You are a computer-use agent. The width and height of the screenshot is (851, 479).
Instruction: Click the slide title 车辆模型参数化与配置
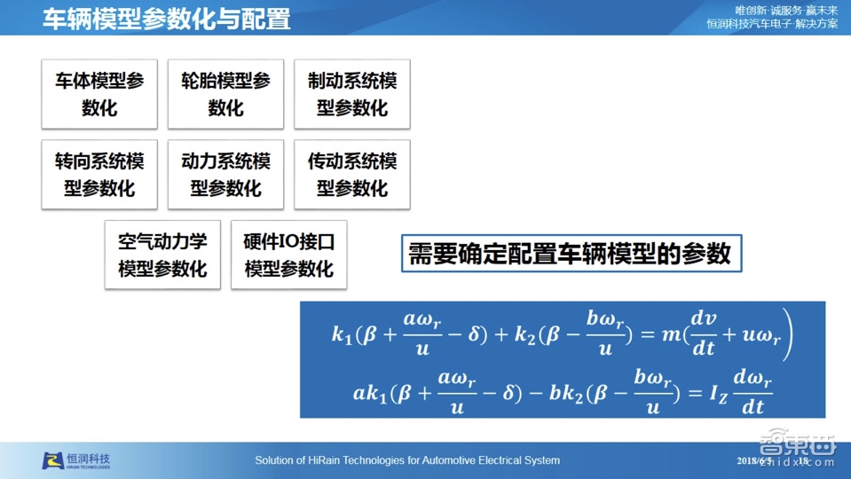coord(167,19)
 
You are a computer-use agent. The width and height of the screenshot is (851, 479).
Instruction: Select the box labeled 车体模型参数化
coord(99,94)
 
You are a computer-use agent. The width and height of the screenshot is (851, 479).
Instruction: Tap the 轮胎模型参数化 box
coord(225,94)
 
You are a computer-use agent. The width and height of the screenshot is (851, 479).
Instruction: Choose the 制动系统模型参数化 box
coord(352,94)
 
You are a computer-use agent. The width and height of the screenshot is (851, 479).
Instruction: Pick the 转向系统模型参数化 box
coord(99,175)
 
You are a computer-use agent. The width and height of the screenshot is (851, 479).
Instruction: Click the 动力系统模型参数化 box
coord(225,175)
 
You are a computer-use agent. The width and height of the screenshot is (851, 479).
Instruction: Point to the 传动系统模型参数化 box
coord(352,175)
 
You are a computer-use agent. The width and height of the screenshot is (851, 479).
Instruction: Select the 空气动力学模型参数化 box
coord(162,255)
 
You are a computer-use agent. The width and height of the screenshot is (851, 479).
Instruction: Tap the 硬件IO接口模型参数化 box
coord(288,255)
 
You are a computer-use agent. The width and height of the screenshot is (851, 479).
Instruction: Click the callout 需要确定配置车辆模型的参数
coord(570,254)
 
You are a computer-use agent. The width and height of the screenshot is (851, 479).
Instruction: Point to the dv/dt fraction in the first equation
coord(703,333)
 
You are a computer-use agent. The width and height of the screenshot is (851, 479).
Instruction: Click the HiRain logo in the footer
coord(77,460)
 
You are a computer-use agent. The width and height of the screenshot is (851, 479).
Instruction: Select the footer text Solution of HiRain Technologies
coord(407,460)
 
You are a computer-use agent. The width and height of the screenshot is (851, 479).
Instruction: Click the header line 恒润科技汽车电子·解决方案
coord(771,24)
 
